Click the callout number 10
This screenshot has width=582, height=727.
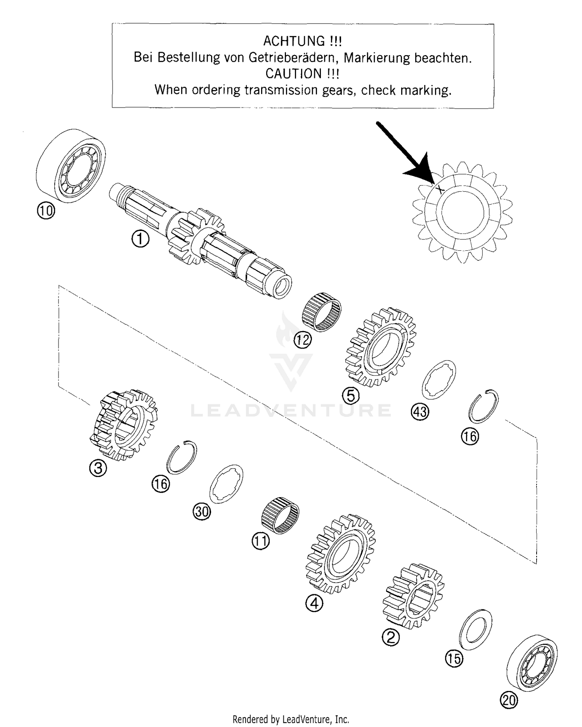[x=46, y=211]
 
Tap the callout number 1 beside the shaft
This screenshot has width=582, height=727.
[x=140, y=239]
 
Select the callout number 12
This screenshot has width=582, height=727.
[x=303, y=340]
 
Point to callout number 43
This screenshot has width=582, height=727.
[x=420, y=412]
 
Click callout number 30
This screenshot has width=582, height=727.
[x=202, y=512]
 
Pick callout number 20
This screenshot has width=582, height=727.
[x=509, y=700]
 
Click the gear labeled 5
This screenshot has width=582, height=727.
[x=381, y=347]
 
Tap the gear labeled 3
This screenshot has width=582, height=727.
[x=123, y=425]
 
